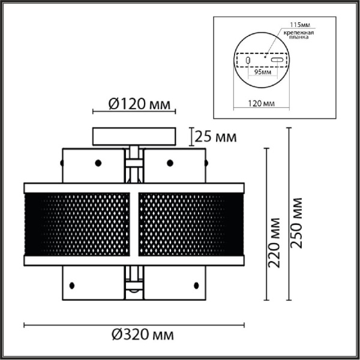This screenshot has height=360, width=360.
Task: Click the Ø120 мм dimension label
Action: pyautogui.click(x=134, y=104)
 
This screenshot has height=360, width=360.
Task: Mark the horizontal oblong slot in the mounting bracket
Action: pyautogui.click(x=277, y=61)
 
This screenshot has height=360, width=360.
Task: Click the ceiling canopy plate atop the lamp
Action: pyautogui.click(x=134, y=135)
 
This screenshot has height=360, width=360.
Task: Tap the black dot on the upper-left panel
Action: pyautogui.click(x=97, y=162)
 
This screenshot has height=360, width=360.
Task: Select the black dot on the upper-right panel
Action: pyautogui.click(x=170, y=162)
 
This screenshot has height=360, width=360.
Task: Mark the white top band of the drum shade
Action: pyautogui.click(x=134, y=187)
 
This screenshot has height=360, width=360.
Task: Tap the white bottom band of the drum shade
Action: pyautogui.click(x=134, y=259)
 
